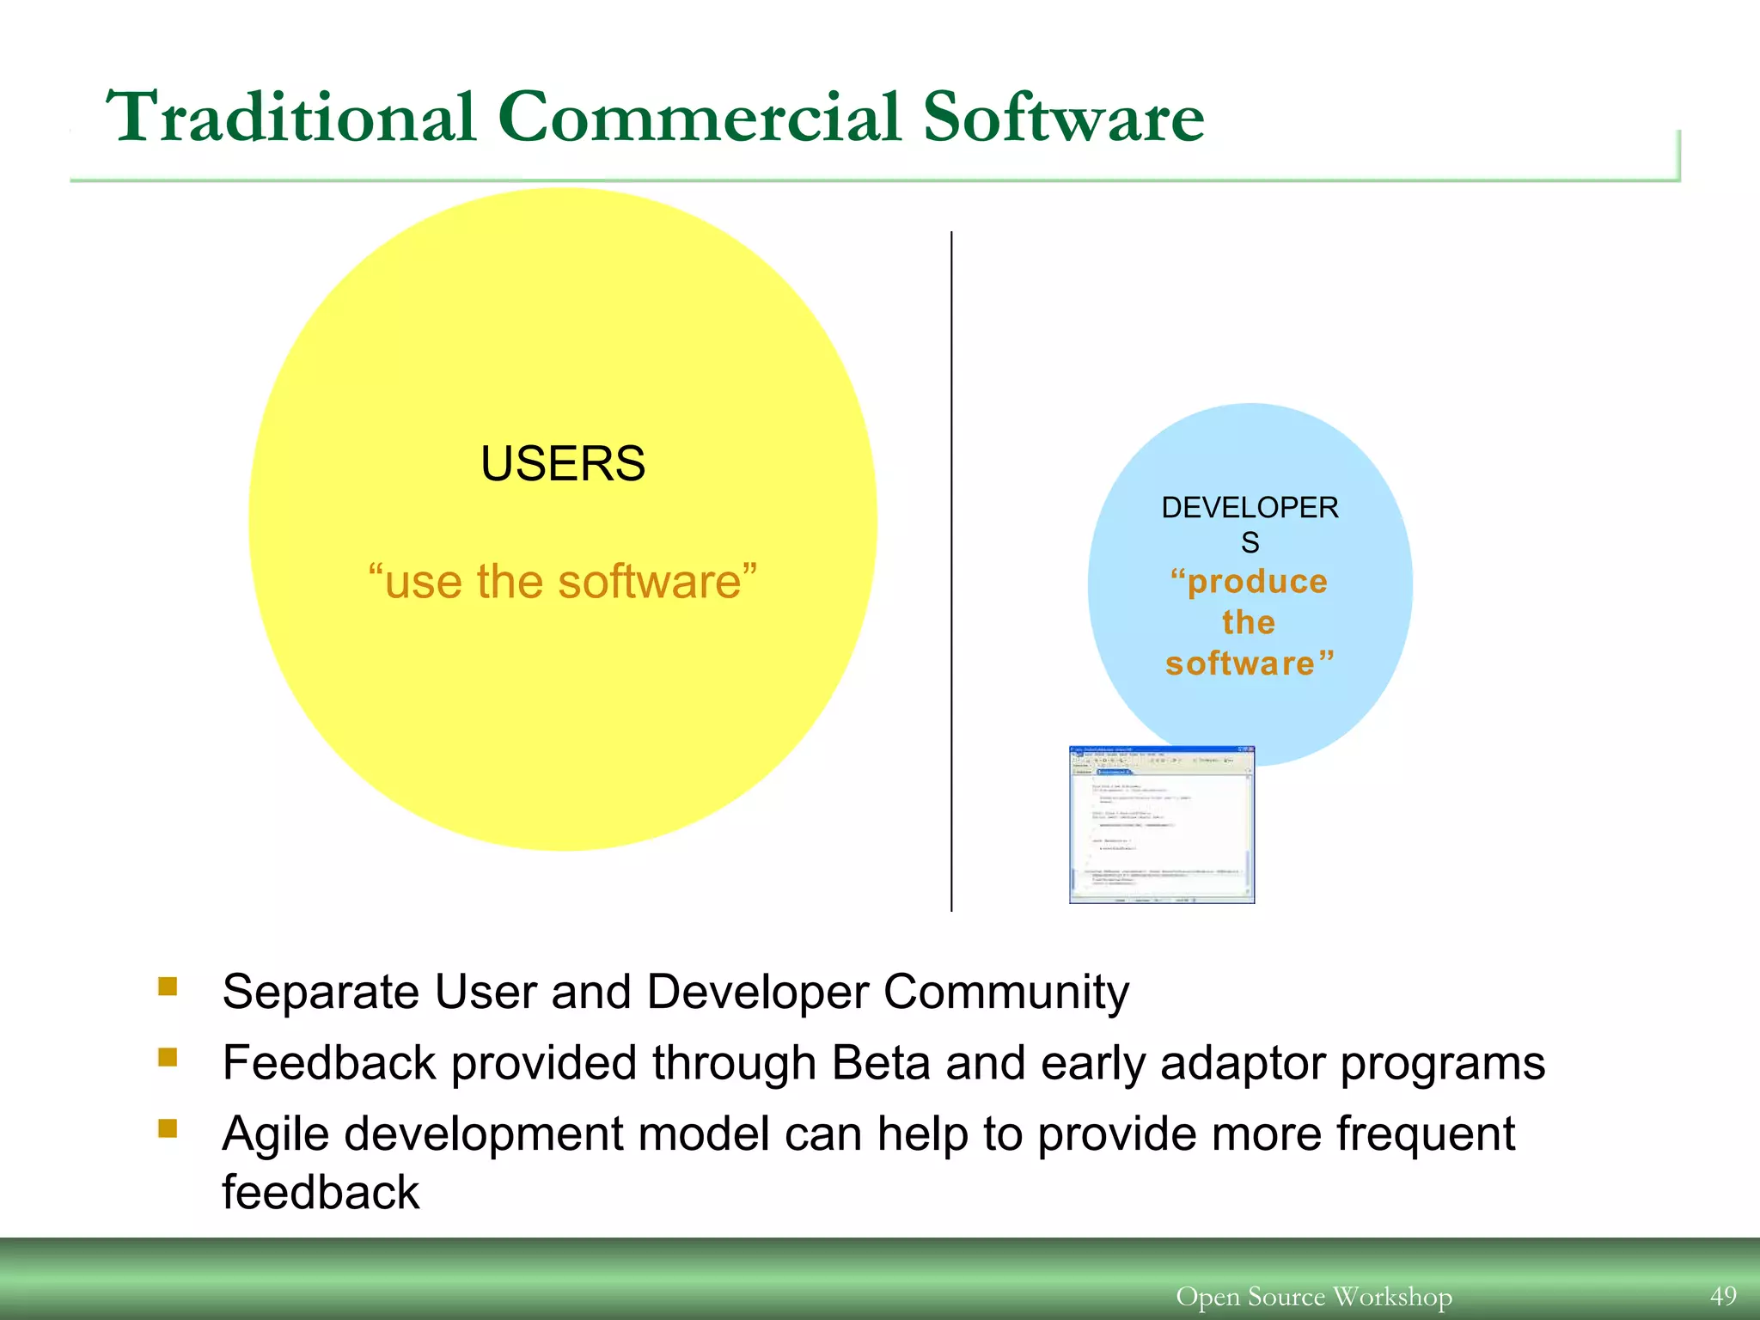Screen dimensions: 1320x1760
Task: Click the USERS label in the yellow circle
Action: (x=563, y=464)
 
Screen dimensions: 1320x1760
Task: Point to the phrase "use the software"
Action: (x=563, y=582)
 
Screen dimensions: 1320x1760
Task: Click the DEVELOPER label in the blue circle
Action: (x=1250, y=508)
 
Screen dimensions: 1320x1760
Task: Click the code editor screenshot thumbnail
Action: (x=1162, y=825)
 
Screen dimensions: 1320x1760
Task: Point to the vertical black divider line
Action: (x=951, y=571)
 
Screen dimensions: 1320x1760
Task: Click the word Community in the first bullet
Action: (x=1005, y=993)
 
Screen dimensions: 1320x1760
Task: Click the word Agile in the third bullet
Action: (x=276, y=1134)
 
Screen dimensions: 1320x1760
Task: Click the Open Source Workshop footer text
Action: (x=1314, y=1296)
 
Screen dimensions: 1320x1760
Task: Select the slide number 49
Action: (x=1723, y=1296)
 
